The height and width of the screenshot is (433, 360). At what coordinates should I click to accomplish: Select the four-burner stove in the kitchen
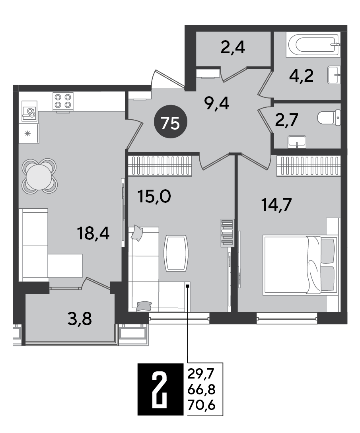click(63, 101)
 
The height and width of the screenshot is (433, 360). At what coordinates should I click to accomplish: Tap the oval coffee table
click(176, 253)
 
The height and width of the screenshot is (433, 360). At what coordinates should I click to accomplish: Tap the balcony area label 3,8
click(80, 319)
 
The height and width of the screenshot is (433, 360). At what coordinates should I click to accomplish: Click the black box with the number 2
click(161, 390)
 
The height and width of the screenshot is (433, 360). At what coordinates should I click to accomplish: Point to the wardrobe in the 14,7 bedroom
click(309, 165)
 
